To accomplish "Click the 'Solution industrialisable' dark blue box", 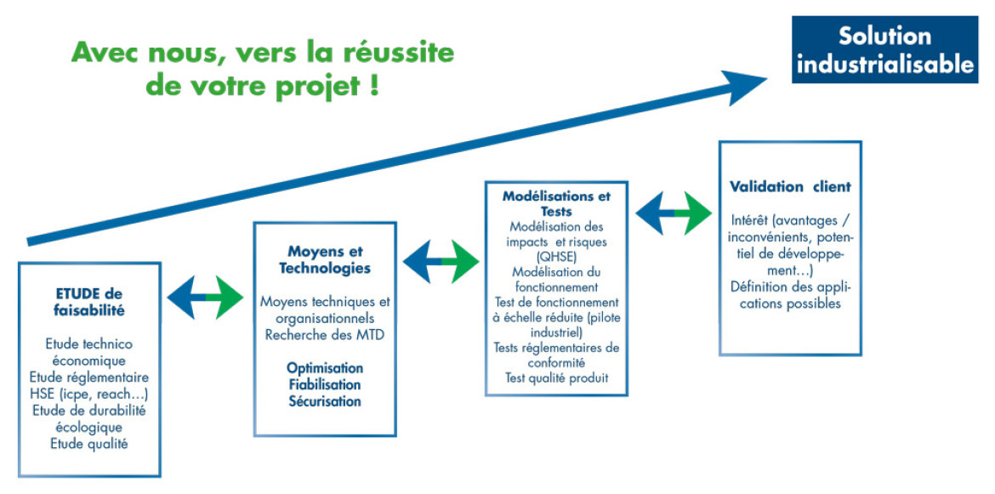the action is [x=884, y=49].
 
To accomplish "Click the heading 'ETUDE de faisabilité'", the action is [x=89, y=303].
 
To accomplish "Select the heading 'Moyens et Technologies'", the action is [x=325, y=260].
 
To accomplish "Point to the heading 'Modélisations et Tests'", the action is [x=556, y=203].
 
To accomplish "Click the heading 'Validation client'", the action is [x=790, y=187].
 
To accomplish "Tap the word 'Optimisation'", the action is [x=325, y=368].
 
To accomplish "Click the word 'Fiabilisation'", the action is [x=325, y=385].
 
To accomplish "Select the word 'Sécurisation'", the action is [x=325, y=401].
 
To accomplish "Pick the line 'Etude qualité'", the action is [x=89, y=444].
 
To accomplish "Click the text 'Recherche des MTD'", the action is [x=325, y=335].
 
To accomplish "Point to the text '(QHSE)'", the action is [x=556, y=257].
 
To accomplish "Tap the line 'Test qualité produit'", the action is [x=556, y=378].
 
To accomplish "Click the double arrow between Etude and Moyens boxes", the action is [x=205, y=297].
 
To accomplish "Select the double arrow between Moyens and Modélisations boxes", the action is [x=441, y=261].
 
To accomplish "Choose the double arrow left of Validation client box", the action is [x=674, y=213].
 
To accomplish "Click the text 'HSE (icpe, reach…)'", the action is [x=89, y=394].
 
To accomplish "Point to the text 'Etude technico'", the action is [x=89, y=344].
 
